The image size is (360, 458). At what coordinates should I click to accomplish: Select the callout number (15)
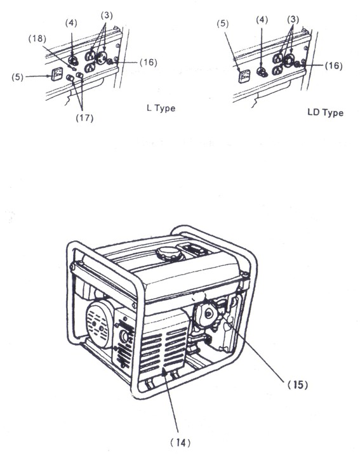pos(296,384)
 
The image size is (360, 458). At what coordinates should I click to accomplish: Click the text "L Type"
pos(161,108)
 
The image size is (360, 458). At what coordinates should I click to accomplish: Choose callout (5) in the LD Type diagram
pos(222,23)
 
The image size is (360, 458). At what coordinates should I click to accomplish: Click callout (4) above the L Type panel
pos(70,23)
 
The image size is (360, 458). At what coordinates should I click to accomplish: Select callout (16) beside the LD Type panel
pos(333,65)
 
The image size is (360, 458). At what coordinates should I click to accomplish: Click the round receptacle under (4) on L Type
pos(73,62)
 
